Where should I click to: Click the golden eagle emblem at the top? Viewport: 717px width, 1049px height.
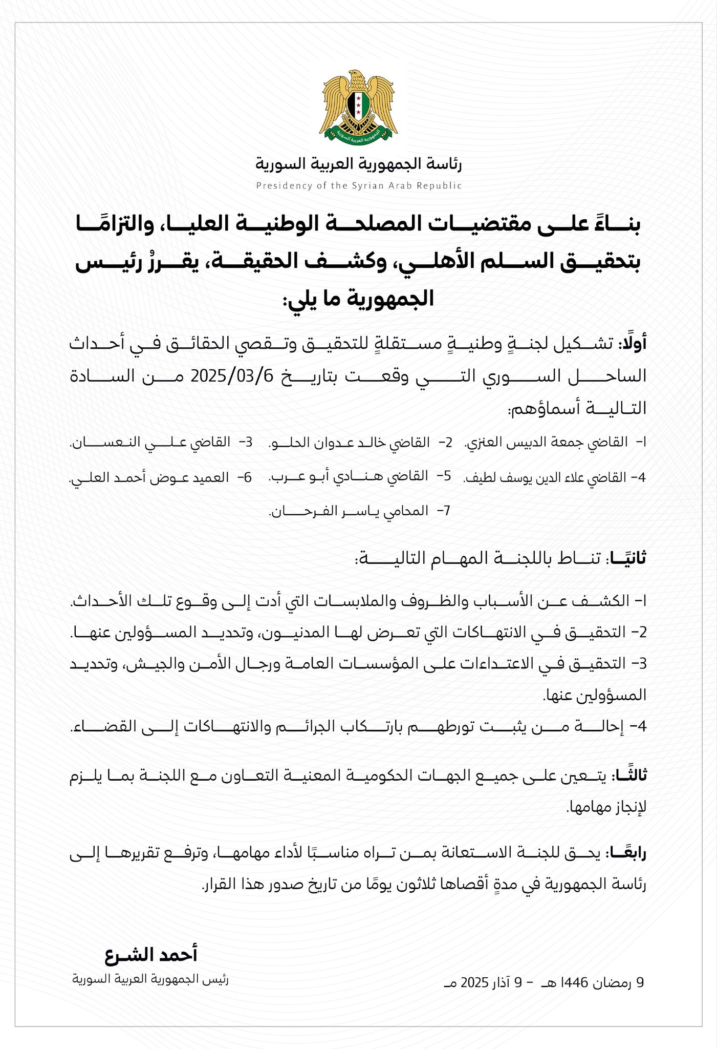coord(359,106)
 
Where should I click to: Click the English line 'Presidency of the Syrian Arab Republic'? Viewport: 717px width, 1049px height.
coord(359,186)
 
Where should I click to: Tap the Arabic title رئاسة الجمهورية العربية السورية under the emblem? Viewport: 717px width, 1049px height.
coord(359,164)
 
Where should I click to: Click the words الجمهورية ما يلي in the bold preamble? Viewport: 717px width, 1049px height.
coord(359,299)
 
